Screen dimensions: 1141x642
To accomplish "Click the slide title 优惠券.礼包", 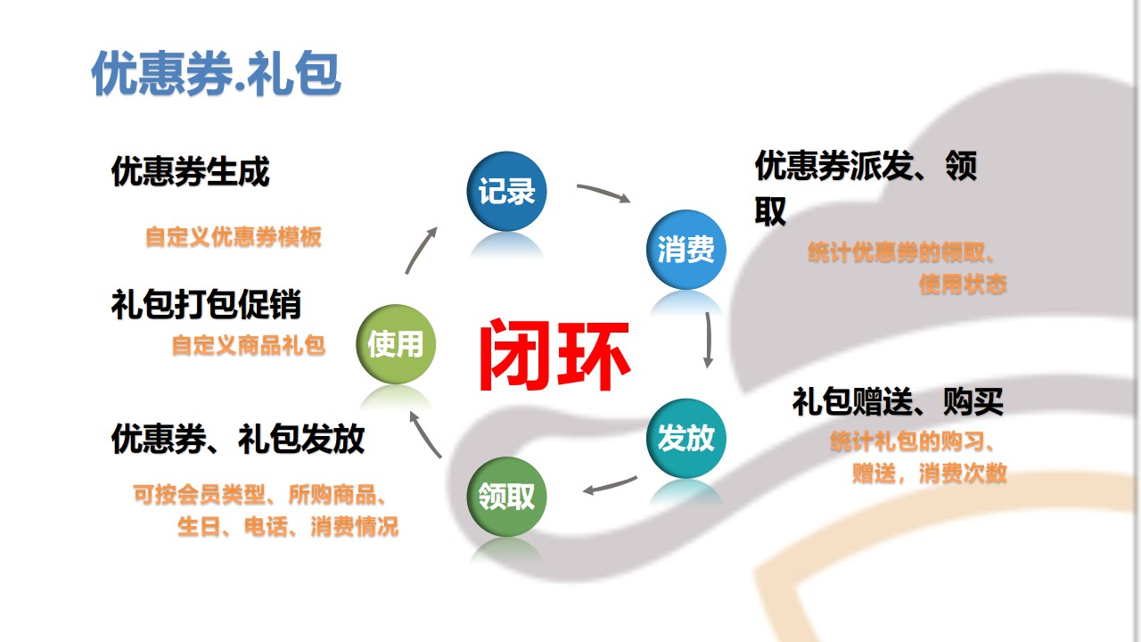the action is [216, 73].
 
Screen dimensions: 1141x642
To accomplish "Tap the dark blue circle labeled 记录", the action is [506, 191].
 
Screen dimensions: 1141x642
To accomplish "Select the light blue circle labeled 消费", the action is [686, 250].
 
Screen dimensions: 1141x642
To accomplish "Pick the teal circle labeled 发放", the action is [686, 438].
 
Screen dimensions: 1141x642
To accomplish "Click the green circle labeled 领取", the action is [506, 497].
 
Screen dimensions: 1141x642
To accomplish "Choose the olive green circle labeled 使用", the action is [396, 344].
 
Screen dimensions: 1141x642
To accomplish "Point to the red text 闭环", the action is [554, 355].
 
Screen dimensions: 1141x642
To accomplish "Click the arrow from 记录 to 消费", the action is [604, 192].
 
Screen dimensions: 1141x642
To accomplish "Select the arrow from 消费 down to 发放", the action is [709, 340].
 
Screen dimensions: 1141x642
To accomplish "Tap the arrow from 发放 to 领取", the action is [610, 486].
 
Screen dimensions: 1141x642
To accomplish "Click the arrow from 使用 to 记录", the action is [420, 251].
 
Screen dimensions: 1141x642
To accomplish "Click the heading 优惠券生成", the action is [190, 171].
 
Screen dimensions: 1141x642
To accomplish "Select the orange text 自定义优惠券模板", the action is [234, 237].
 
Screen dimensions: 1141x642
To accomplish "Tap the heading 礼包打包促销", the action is [206, 305].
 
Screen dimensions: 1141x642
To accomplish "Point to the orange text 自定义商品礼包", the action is [249, 345].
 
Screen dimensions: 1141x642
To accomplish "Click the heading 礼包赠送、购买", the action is [898, 401].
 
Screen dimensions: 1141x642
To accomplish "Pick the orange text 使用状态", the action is [963, 284].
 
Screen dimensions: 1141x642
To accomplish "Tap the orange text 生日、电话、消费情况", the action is [288, 526].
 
